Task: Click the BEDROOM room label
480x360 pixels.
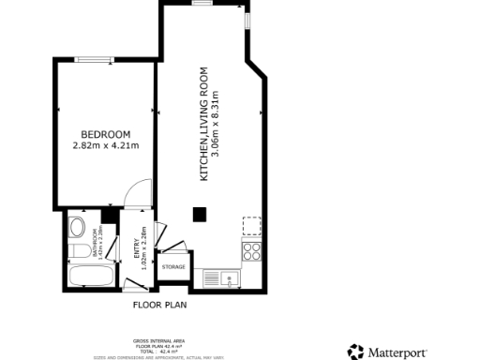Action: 105,134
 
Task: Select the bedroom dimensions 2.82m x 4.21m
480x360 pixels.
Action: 105,145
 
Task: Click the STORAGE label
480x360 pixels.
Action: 173,267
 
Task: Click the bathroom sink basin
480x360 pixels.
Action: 78,228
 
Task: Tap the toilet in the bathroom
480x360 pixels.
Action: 81,248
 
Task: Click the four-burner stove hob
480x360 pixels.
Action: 252,250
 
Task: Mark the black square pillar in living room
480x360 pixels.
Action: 200,214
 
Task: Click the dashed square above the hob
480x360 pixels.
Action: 252,225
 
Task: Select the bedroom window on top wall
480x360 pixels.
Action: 94,60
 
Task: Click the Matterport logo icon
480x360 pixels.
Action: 356,352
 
